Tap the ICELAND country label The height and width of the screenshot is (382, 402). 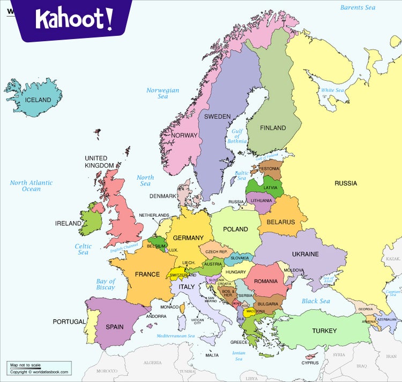coord(38,100)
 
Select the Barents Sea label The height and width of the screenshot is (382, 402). coord(358,7)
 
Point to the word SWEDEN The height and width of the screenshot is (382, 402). coord(217,117)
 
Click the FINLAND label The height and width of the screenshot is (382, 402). coord(273,128)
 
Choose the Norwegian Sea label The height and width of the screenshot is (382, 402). coord(163,94)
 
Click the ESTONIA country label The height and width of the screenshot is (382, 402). coord(270,169)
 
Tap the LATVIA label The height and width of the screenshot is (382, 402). coord(270,188)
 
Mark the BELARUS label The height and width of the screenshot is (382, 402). coord(280,222)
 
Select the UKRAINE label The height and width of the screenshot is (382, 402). coord(305,254)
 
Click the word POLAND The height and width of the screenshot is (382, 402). coord(235,229)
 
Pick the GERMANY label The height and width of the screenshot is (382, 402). coord(188,238)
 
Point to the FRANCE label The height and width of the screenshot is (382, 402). coord(147,274)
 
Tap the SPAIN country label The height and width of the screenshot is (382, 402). coord(114,327)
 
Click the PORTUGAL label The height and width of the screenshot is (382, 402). coord(69,322)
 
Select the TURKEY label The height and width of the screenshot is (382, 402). coord(324,331)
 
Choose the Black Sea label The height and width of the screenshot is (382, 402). coord(316,301)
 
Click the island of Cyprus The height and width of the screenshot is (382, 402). coord(310,356)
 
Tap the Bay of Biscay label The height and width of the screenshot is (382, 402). coord(106,284)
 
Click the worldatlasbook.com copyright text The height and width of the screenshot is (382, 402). coord(39,372)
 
